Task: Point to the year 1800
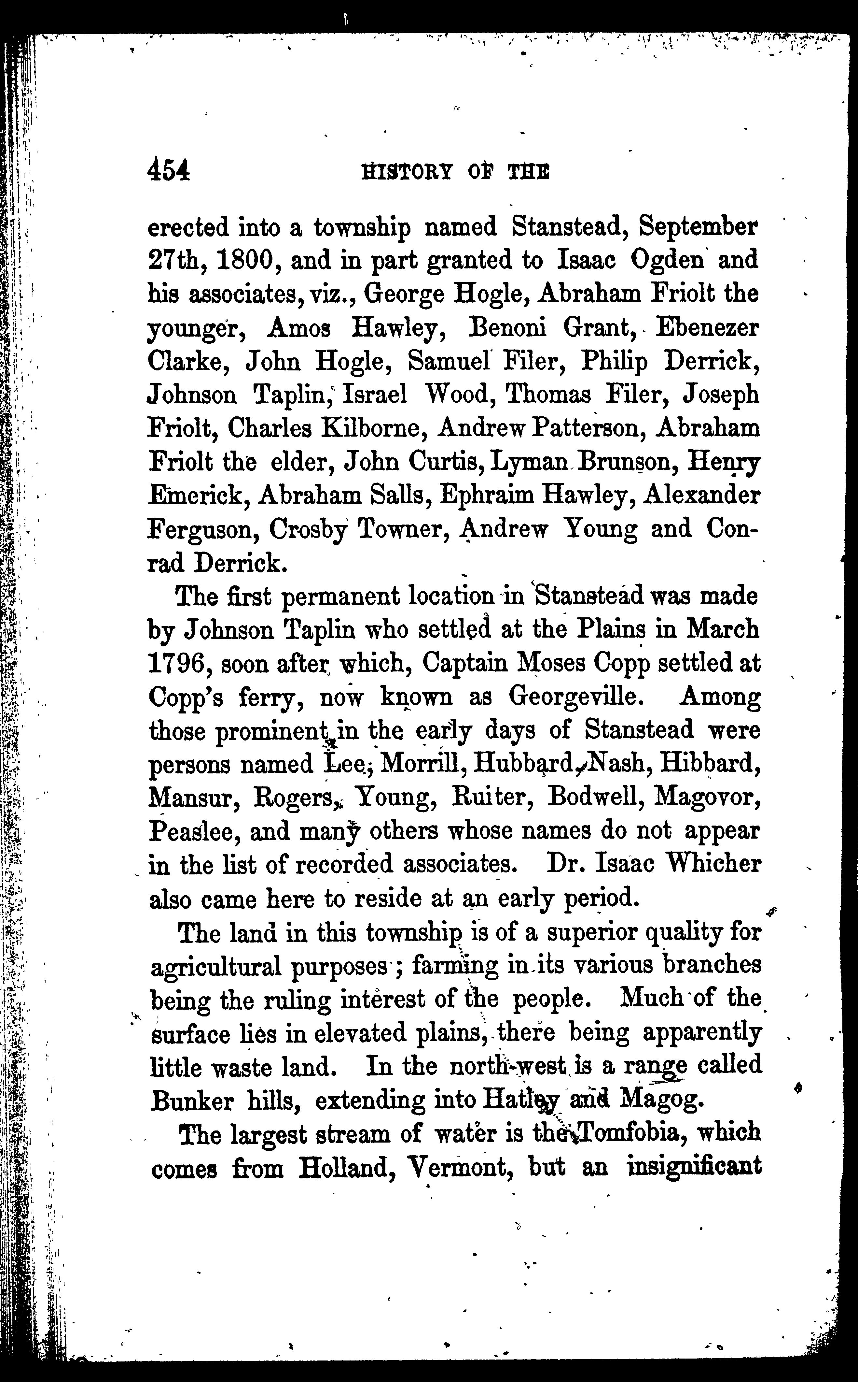tap(246, 261)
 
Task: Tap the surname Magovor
tap(708, 797)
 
